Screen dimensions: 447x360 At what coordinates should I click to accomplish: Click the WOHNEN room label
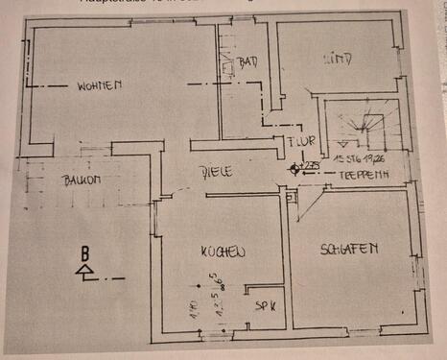click(100, 85)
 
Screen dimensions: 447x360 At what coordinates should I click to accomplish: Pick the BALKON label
click(84, 180)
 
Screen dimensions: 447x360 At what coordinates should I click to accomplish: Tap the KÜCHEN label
click(223, 252)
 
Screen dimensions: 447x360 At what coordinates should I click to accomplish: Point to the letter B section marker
click(86, 253)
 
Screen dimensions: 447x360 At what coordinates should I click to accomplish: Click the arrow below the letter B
click(86, 272)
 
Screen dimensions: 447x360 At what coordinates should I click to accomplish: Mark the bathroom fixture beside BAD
click(228, 67)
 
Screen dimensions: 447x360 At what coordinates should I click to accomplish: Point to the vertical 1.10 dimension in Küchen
click(193, 309)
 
